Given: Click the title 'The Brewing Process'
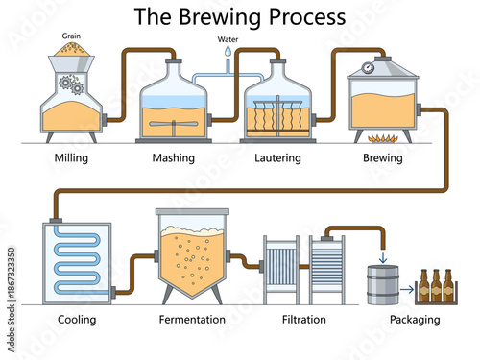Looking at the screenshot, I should (239, 16).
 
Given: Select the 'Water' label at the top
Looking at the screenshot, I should (227, 40).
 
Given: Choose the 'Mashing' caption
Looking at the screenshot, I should (174, 157).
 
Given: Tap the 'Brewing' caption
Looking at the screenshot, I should (383, 157).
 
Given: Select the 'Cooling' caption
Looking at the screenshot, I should (77, 319).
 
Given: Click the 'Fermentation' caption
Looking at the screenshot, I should (192, 319).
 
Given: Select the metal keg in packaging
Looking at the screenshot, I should (383, 286).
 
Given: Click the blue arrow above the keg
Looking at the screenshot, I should (383, 256).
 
